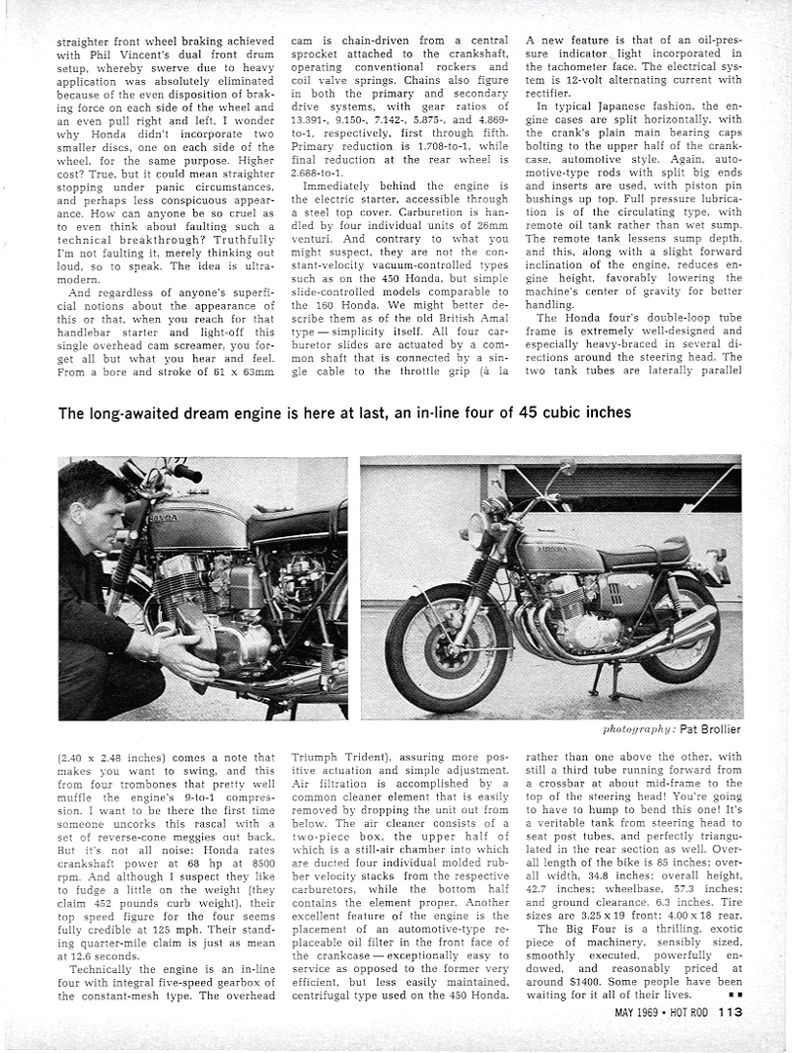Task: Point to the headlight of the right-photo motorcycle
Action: point(477,528)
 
